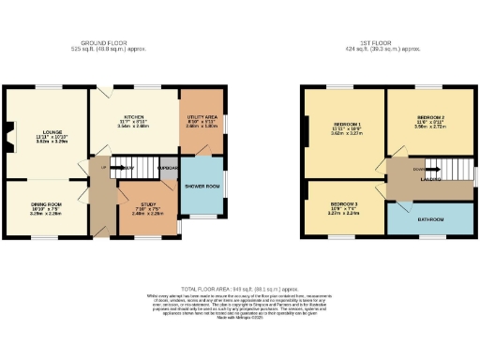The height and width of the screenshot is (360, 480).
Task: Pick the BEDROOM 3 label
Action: click(x=343, y=203)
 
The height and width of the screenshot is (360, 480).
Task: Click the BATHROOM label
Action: click(x=431, y=220)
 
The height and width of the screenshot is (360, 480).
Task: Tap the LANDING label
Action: click(x=431, y=175)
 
